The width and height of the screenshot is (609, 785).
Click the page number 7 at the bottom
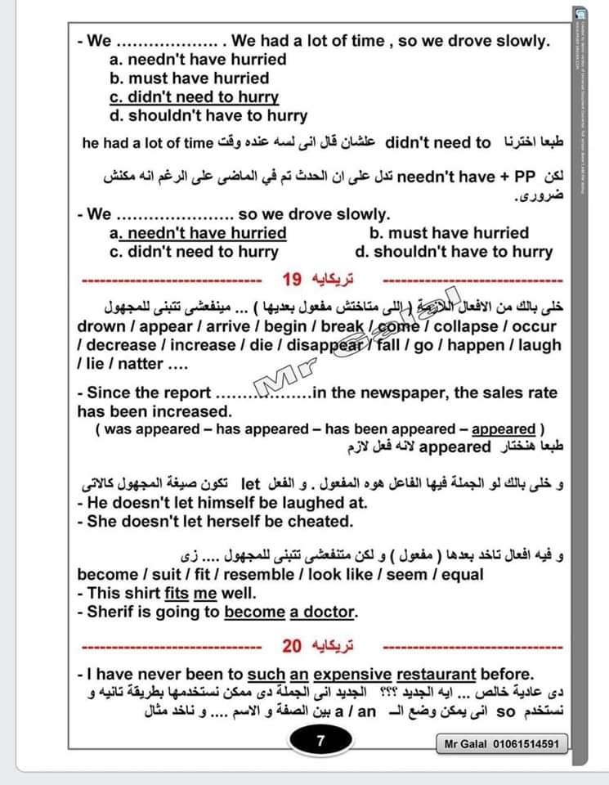321,742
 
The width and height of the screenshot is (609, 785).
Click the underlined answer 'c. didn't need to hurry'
194,96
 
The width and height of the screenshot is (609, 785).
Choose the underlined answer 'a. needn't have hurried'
197,233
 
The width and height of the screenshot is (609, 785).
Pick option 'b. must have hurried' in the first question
189,78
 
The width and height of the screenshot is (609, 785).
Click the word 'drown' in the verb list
102,326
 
